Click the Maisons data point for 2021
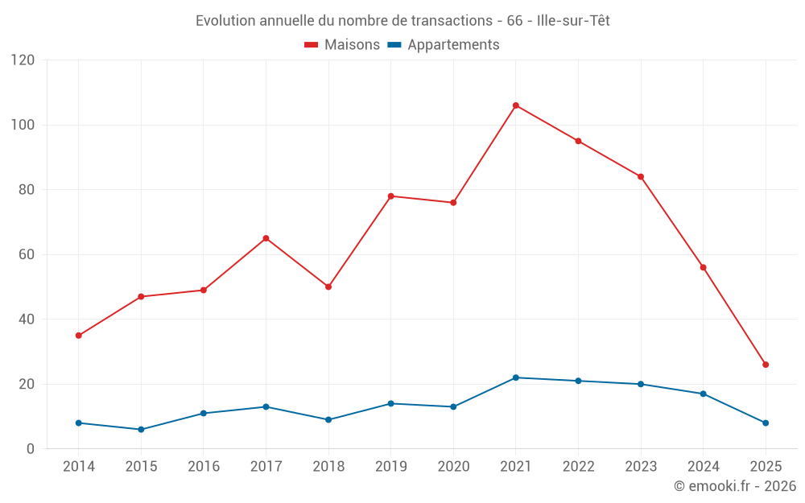(516, 105)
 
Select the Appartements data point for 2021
(516, 377)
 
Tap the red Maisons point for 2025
(766, 365)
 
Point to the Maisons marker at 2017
(266, 238)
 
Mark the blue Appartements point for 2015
(141, 429)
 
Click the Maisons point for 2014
(78, 336)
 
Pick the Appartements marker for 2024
(703, 394)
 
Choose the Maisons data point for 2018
(328, 287)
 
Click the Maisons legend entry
(342, 45)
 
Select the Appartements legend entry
(444, 45)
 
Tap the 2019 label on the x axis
(390, 467)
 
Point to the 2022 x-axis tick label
(578, 467)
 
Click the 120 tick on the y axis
(23, 60)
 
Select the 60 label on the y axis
(27, 254)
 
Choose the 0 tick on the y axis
(33, 448)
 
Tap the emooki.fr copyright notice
(734, 486)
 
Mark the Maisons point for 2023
(641, 176)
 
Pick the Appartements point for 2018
(328, 419)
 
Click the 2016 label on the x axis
(203, 467)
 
